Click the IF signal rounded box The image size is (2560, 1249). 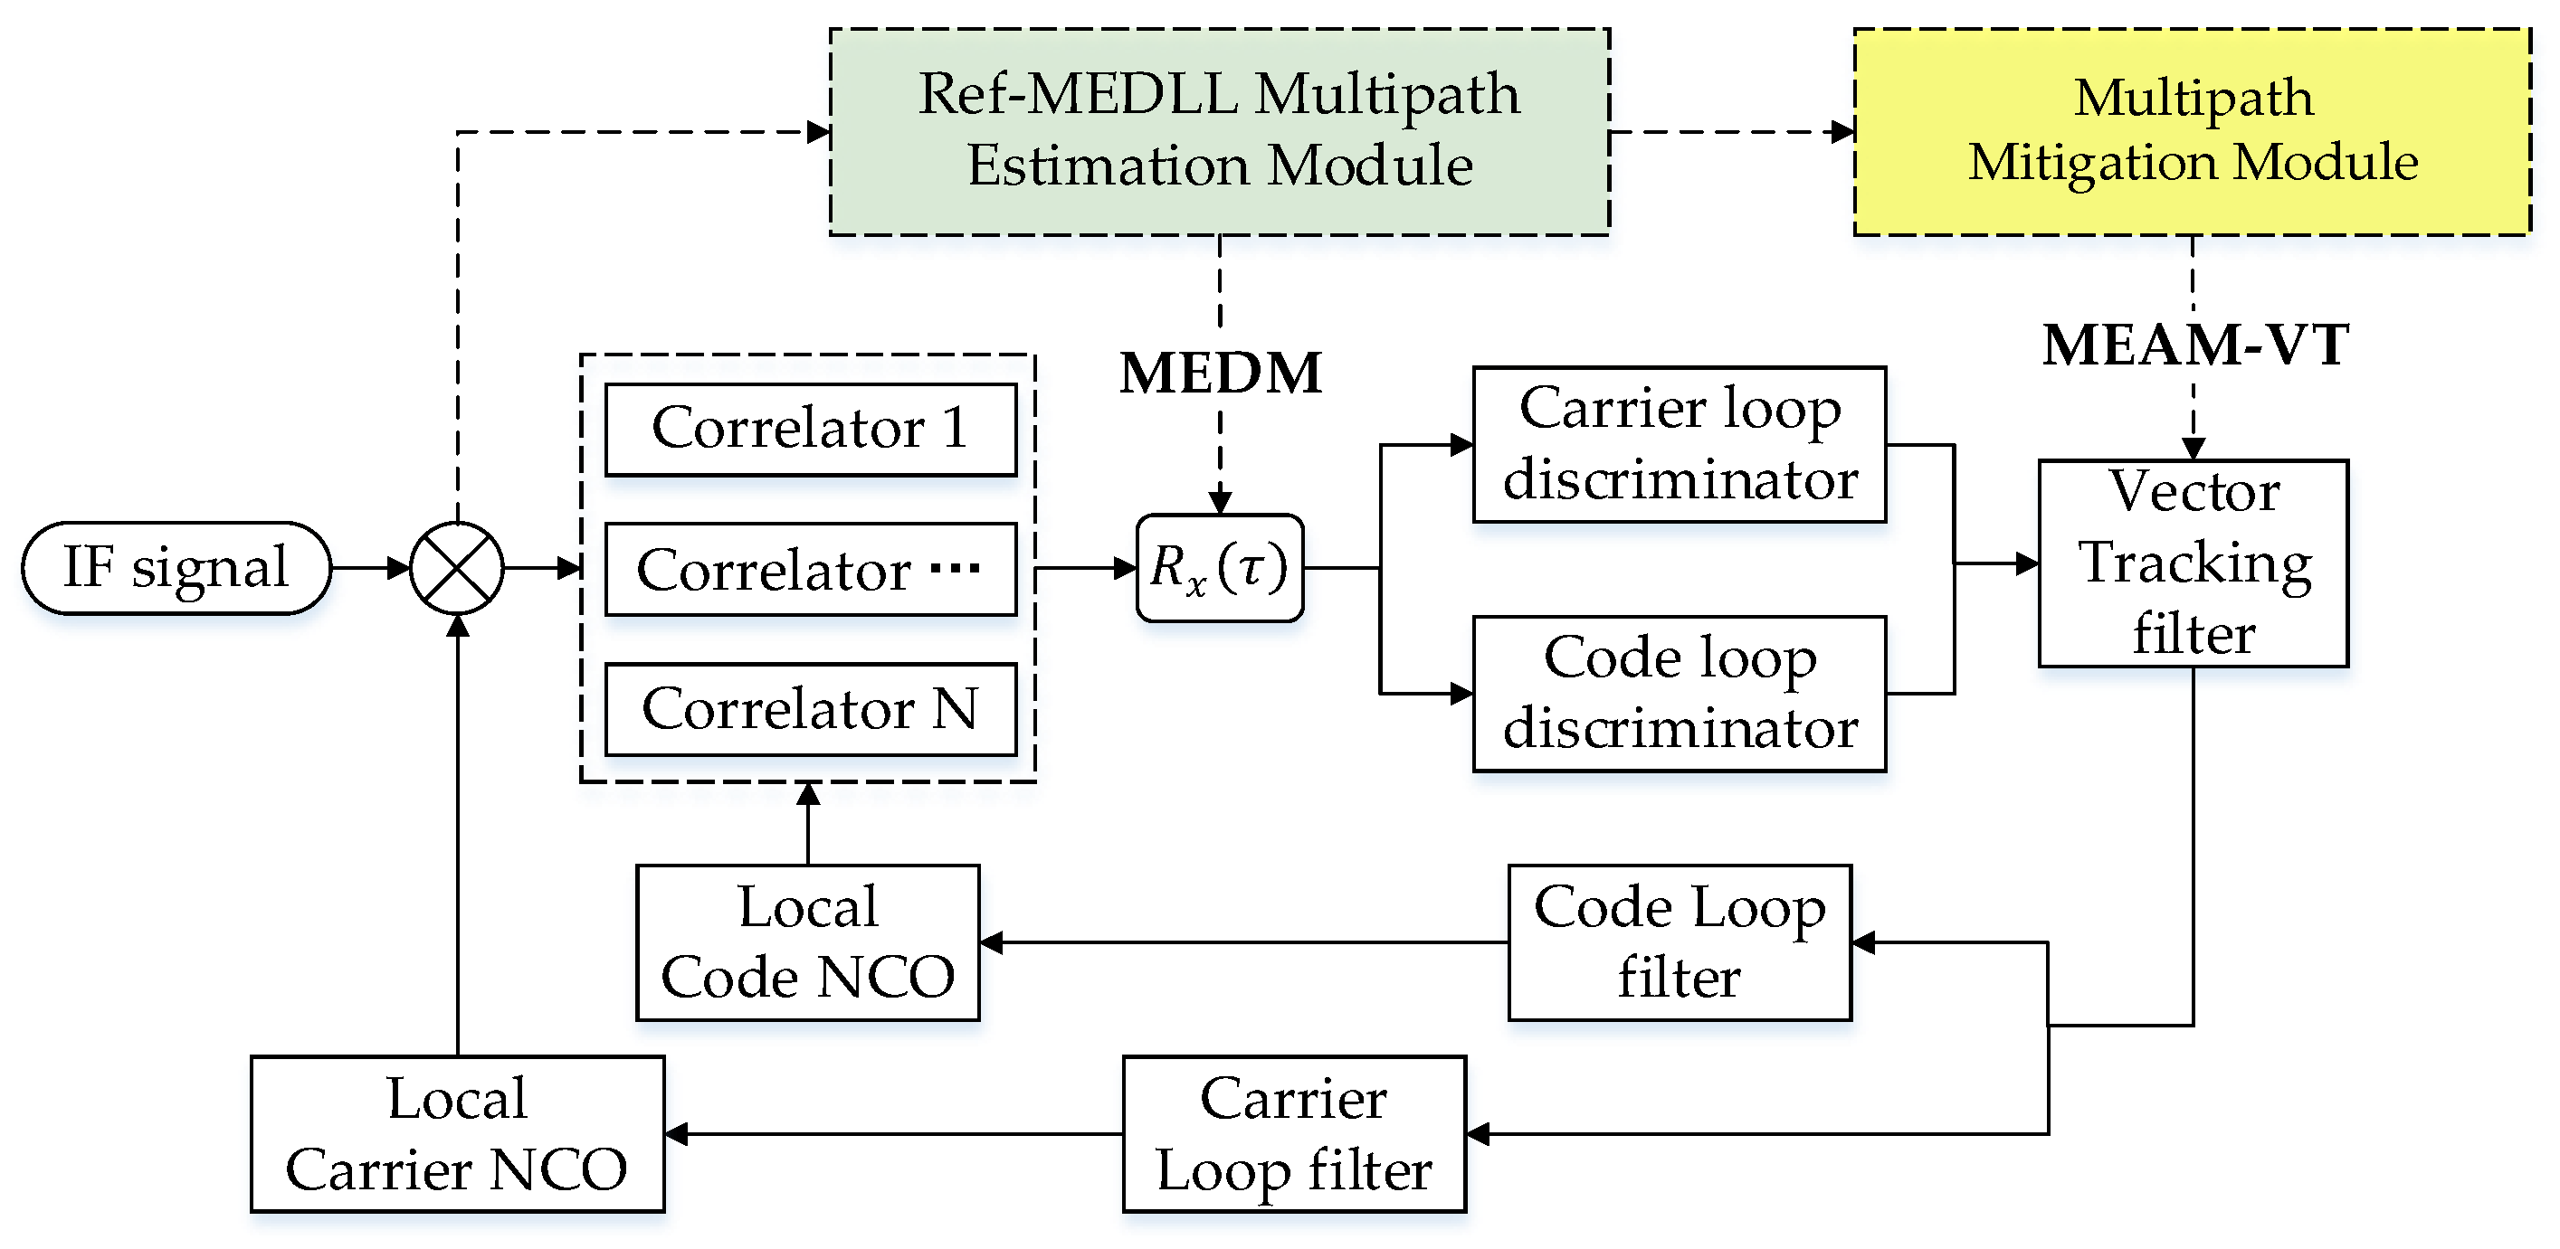pos(176,568)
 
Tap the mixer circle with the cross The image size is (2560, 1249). pos(457,568)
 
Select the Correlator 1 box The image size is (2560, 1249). pos(810,430)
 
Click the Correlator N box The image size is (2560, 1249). pos(810,709)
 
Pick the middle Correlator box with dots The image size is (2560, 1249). pos(810,570)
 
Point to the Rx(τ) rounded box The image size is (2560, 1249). pos(1220,568)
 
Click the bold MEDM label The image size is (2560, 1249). pos(1221,374)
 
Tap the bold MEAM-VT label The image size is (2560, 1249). pos(2194,345)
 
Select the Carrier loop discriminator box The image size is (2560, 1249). pos(1680,444)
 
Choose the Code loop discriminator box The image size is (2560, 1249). pos(1680,694)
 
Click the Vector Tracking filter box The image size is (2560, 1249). pos(2194,563)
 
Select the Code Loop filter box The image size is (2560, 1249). pos(1680,942)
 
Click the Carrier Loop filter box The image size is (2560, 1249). pos(1294,1134)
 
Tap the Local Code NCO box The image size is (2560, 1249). pos(808,942)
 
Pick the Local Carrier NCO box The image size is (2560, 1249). pos(457,1134)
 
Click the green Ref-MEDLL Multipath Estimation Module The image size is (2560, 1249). pos(1220,131)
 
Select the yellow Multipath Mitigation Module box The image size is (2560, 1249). pos(2193,131)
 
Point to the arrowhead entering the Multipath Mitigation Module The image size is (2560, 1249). pos(1842,131)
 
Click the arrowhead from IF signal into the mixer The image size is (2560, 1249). pos(398,568)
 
